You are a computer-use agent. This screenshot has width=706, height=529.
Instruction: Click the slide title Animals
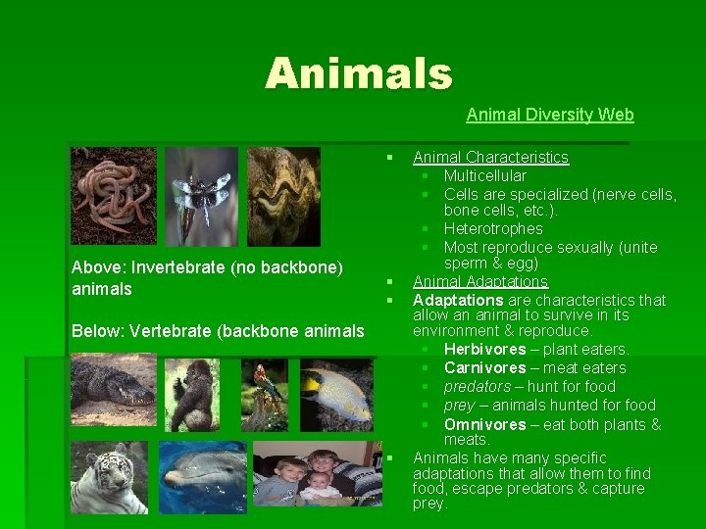(x=358, y=73)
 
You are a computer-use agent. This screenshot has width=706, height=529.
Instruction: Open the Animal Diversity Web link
(x=549, y=115)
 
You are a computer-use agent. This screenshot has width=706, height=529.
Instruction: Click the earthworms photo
(x=113, y=195)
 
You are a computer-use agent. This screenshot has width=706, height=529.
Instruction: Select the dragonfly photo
(x=200, y=195)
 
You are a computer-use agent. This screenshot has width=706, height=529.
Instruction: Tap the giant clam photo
(x=283, y=195)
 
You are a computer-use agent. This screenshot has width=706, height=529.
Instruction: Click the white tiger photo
(x=109, y=476)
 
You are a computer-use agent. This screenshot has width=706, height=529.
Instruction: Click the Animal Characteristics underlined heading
(x=490, y=157)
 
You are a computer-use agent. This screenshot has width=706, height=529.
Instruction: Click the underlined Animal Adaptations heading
(x=479, y=282)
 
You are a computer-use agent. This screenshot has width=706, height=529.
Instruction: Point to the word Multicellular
(x=484, y=175)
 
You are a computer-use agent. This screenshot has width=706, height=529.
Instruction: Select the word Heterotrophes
(x=493, y=228)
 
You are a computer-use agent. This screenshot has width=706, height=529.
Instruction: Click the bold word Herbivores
(x=484, y=350)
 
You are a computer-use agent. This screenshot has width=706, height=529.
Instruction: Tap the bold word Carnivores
(x=484, y=368)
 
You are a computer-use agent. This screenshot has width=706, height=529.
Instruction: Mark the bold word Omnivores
(x=484, y=424)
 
